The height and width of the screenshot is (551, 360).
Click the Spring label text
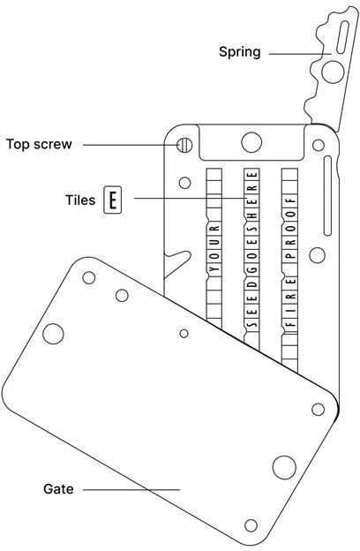tap(240, 52)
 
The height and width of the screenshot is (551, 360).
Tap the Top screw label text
tap(39, 144)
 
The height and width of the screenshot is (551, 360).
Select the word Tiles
tap(80, 200)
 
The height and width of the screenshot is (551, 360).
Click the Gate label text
tap(58, 489)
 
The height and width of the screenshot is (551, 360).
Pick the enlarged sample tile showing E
tap(113, 200)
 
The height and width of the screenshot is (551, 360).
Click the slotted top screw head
tap(184, 145)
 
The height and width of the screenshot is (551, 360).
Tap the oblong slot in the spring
tap(342, 37)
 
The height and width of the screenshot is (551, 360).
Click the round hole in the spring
tap(333, 72)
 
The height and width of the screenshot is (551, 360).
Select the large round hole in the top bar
tap(251, 142)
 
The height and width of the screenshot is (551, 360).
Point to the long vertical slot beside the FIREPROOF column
tap(327, 195)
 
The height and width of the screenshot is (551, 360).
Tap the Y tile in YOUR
tap(214, 270)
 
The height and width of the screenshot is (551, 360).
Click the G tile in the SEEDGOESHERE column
tap(251, 271)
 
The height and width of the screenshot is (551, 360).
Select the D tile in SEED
tap(251, 284)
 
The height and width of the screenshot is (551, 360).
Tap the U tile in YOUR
tap(214, 242)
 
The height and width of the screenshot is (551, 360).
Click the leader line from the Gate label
tap(131, 489)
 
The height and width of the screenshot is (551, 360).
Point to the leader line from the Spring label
tap(300, 54)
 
